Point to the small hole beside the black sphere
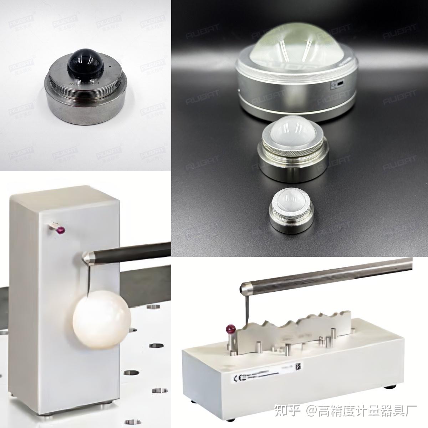pos(110,67)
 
